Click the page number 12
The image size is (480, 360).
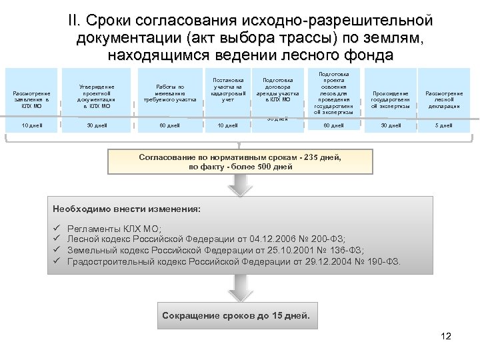click(x=446, y=336)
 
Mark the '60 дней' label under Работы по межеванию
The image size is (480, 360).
click(x=169, y=125)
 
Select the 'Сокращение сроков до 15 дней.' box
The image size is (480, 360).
click(x=236, y=315)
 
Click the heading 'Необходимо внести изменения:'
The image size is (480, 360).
click(x=127, y=209)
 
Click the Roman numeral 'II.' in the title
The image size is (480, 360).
click(x=75, y=23)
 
